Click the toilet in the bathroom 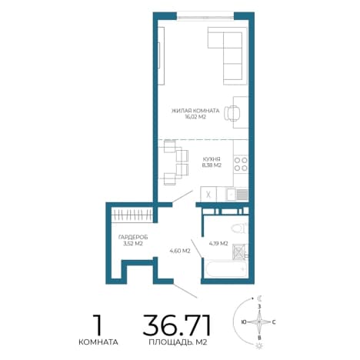point(238,228)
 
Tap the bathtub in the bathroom point(226,269)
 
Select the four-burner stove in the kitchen point(241,164)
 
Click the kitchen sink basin point(231,195)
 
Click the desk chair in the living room point(232,113)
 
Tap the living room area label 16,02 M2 point(195,117)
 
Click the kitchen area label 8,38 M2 point(212,165)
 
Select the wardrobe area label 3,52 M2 point(133,244)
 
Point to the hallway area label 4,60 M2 point(180,251)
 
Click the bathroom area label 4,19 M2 point(218,244)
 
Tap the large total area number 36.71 point(177,325)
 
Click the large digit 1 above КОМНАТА point(98,325)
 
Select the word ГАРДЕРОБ point(133,238)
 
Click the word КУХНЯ point(212,159)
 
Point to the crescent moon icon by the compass point(260,298)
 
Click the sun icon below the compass point(259,345)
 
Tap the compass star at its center point(259,322)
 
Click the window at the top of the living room point(205,18)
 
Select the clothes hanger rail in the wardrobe point(132,215)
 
